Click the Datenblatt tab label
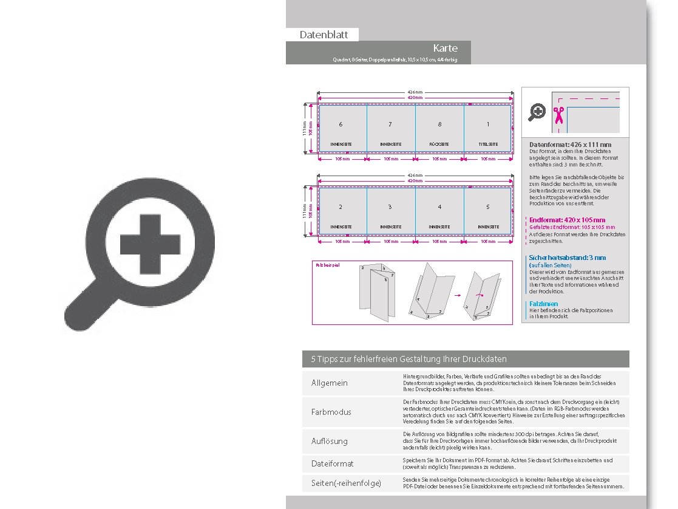tap(324, 35)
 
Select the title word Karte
tap(445, 48)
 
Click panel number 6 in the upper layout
tap(341, 125)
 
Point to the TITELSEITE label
tap(488, 144)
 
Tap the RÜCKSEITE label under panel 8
tap(439, 144)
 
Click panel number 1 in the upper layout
tap(487, 125)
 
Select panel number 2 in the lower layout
tap(341, 207)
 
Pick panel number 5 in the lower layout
tap(487, 207)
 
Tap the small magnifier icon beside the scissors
tap(537, 112)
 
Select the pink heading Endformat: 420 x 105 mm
tap(567, 220)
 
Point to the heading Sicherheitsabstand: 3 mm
tap(568, 258)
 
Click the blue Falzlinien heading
tap(543, 304)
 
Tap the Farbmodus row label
tap(331, 412)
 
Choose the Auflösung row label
tap(330, 441)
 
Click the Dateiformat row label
tap(332, 463)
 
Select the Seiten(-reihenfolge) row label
tap(346, 483)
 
